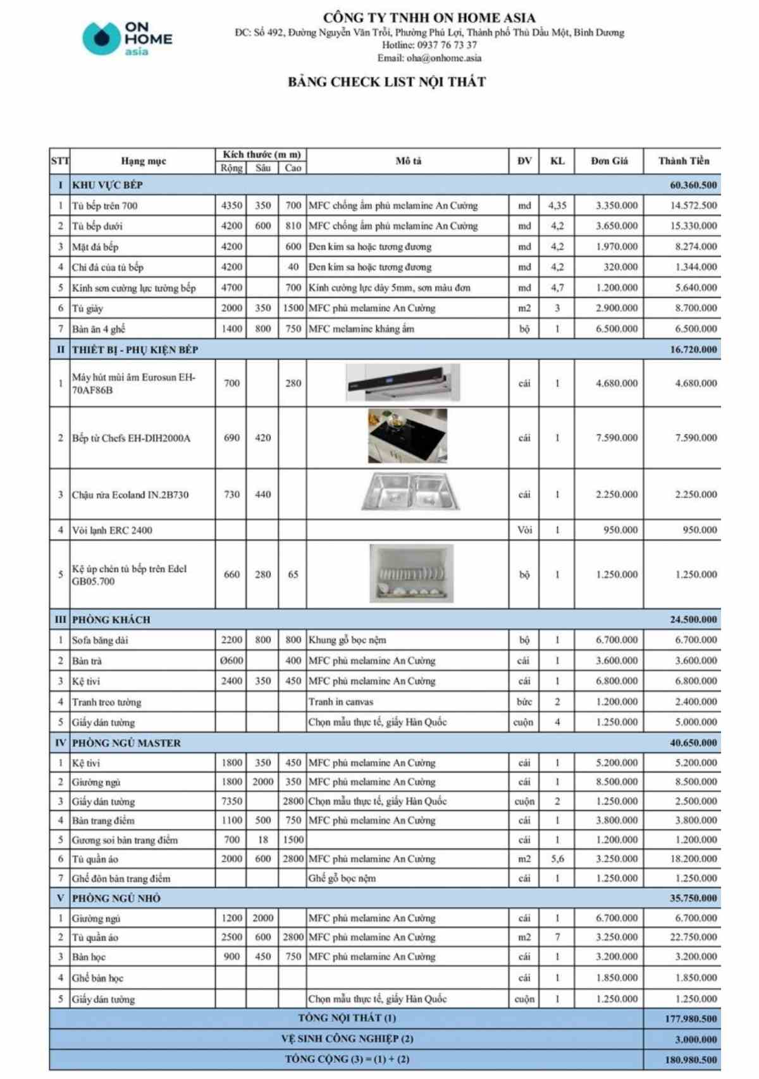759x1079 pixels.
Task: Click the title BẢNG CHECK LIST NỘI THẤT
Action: coord(386,82)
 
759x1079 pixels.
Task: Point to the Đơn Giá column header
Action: coord(609,161)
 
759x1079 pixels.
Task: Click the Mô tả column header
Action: coord(408,161)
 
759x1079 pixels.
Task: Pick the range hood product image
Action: coord(403,382)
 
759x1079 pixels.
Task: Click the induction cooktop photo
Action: coord(407,436)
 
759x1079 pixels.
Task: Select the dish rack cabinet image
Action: coord(411,573)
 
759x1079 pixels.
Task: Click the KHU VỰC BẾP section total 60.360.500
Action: coord(693,185)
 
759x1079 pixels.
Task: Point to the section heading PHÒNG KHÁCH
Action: coord(111,619)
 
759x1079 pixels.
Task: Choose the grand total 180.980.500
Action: coord(691,1059)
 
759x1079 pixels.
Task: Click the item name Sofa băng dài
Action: coord(100,640)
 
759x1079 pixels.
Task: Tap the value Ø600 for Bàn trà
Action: coord(231,661)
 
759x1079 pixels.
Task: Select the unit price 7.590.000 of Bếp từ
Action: coord(617,437)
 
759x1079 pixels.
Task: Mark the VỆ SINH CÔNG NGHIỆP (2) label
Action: coord(347,1039)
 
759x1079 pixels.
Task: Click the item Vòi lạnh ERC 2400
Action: coord(112,530)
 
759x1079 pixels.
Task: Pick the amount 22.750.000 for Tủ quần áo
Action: coord(693,937)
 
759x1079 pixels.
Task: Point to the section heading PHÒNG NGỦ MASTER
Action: coord(126,743)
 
